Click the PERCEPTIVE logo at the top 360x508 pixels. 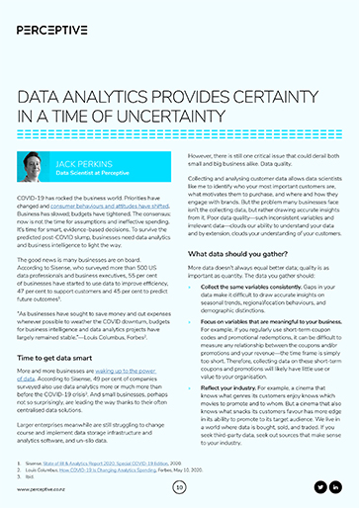pos(60,19)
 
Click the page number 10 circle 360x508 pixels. pos(180,486)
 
